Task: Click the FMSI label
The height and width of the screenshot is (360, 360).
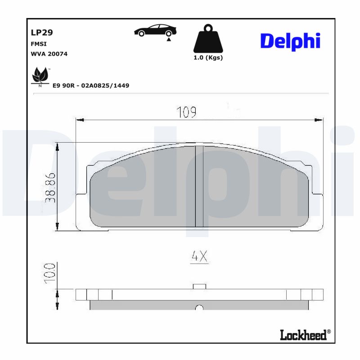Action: [x=38, y=44]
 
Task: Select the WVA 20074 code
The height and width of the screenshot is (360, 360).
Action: [x=49, y=54]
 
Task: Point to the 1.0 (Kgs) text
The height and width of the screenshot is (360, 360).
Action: [x=207, y=58]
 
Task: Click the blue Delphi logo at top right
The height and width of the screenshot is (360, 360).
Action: [x=290, y=41]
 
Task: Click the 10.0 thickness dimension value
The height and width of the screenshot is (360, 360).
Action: [x=50, y=273]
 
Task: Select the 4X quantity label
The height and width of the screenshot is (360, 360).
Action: [x=199, y=256]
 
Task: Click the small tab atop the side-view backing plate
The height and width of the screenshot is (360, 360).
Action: [x=199, y=286]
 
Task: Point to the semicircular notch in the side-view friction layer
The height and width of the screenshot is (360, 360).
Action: [x=199, y=308]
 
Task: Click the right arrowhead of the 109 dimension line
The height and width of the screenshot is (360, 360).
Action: [x=319, y=120]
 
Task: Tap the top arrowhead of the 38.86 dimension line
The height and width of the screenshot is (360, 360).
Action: [x=58, y=146]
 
